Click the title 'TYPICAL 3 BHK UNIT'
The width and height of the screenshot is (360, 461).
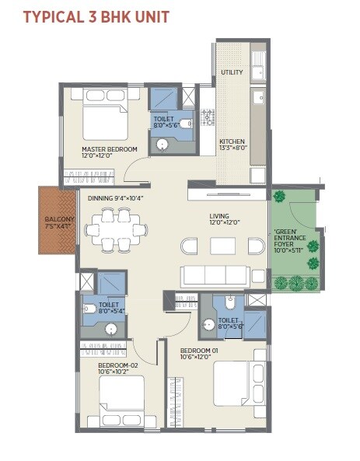point(96,16)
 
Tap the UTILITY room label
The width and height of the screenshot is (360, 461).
point(231,72)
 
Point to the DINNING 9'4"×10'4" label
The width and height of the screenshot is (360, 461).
point(115,197)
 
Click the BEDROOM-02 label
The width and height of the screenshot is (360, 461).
point(117,368)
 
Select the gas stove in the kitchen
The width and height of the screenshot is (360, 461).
point(208,117)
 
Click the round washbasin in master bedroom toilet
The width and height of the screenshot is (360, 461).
point(163,144)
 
